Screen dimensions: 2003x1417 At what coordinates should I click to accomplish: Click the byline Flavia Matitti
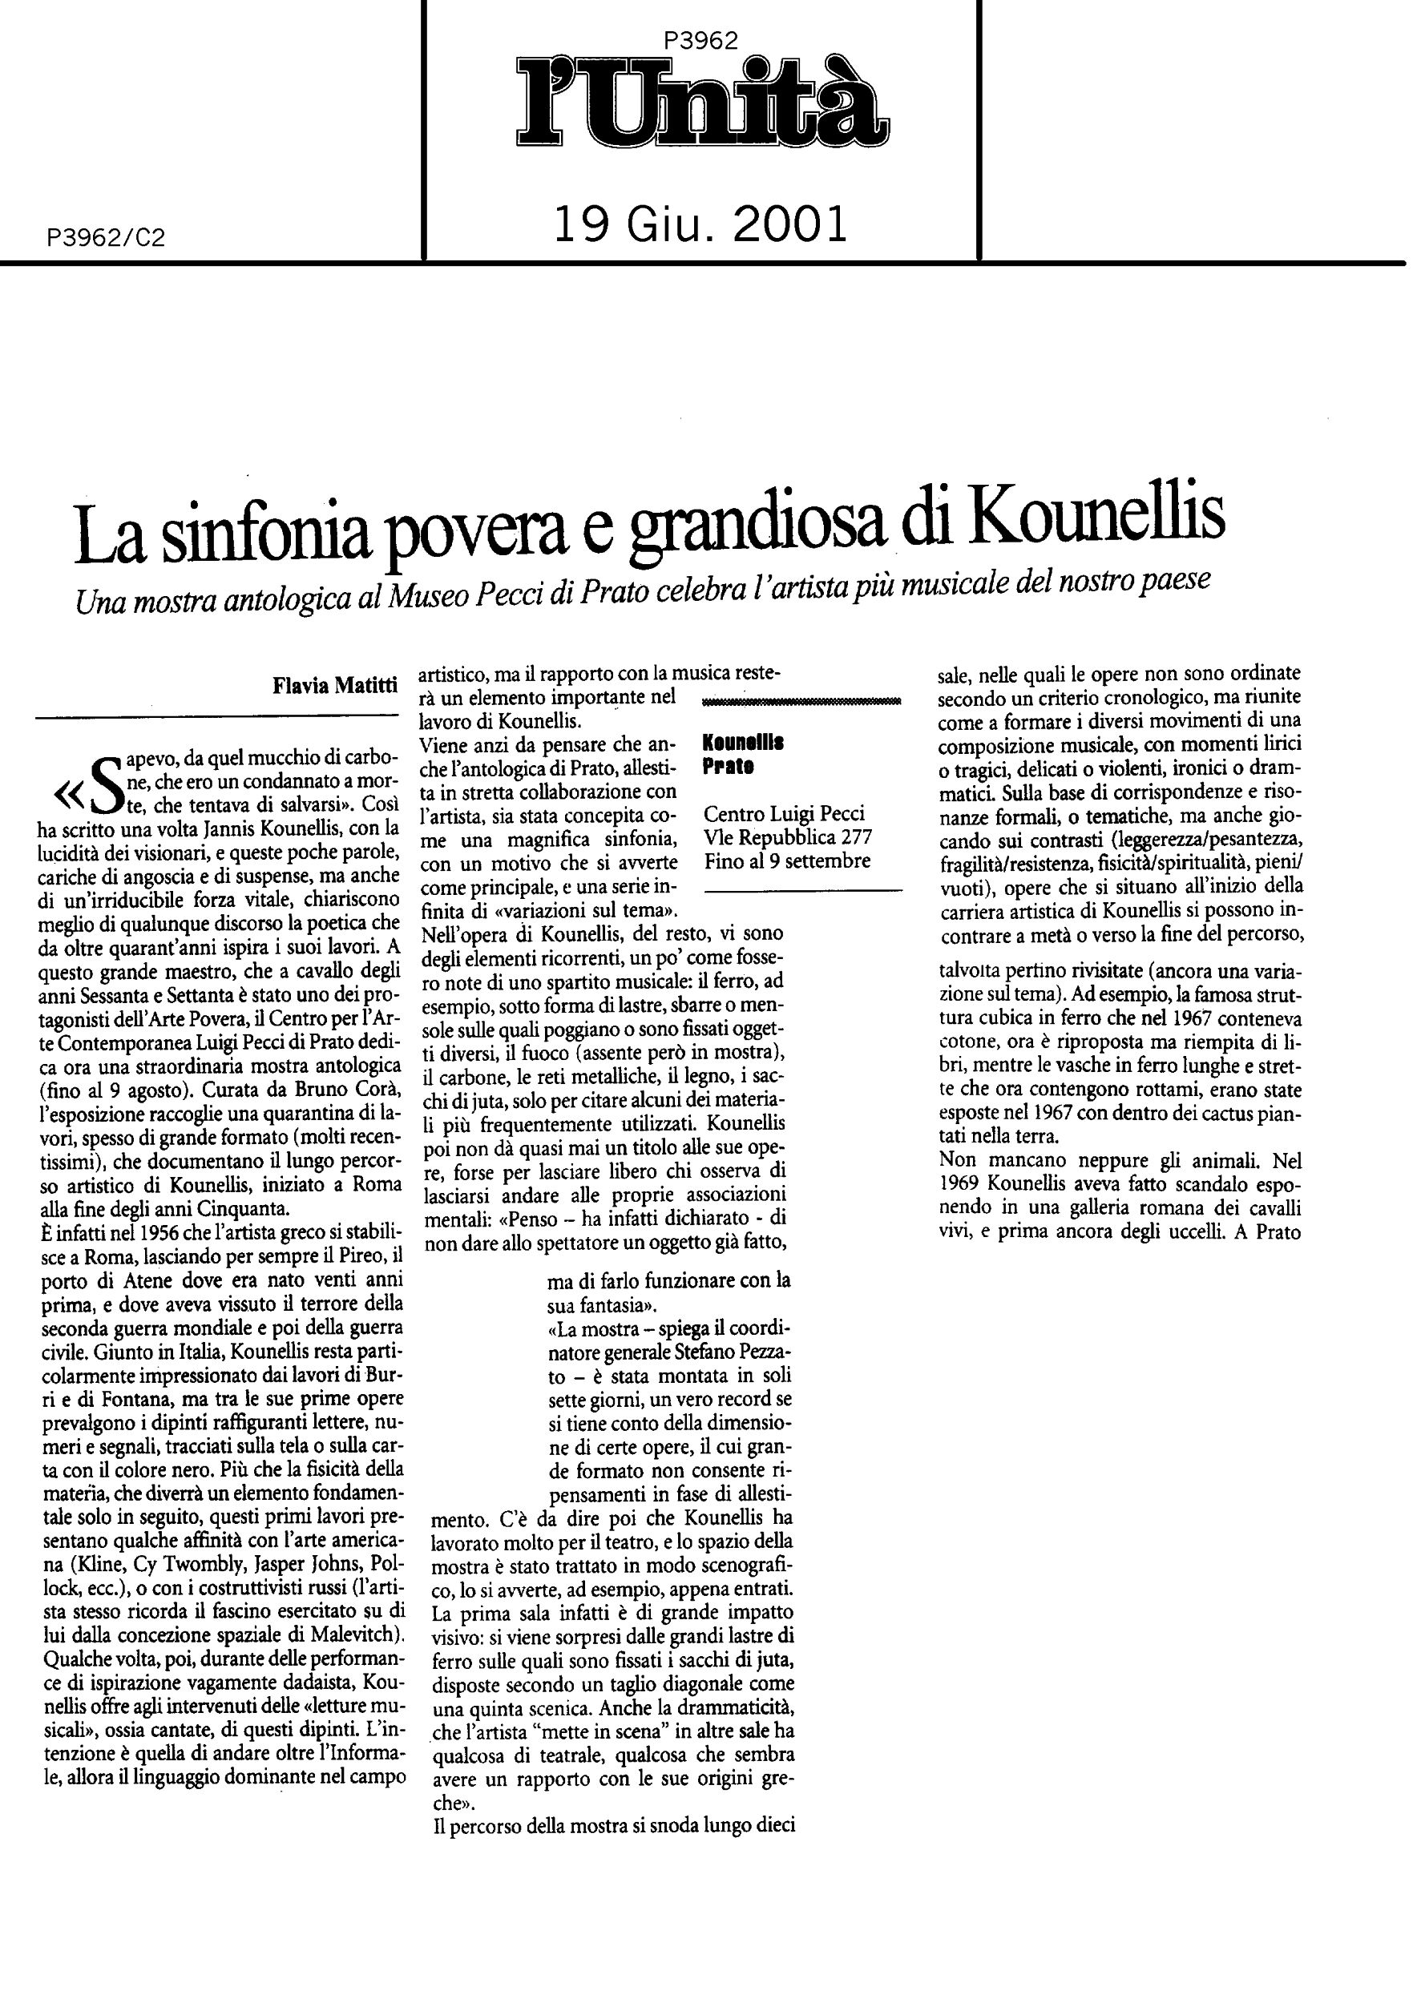click(x=336, y=686)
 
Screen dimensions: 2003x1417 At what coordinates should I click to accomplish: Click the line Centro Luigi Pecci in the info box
click(x=784, y=814)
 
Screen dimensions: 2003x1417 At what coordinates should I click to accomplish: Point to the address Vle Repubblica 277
click(x=787, y=837)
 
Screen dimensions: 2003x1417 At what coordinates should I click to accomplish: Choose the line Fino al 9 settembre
click(x=787, y=861)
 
